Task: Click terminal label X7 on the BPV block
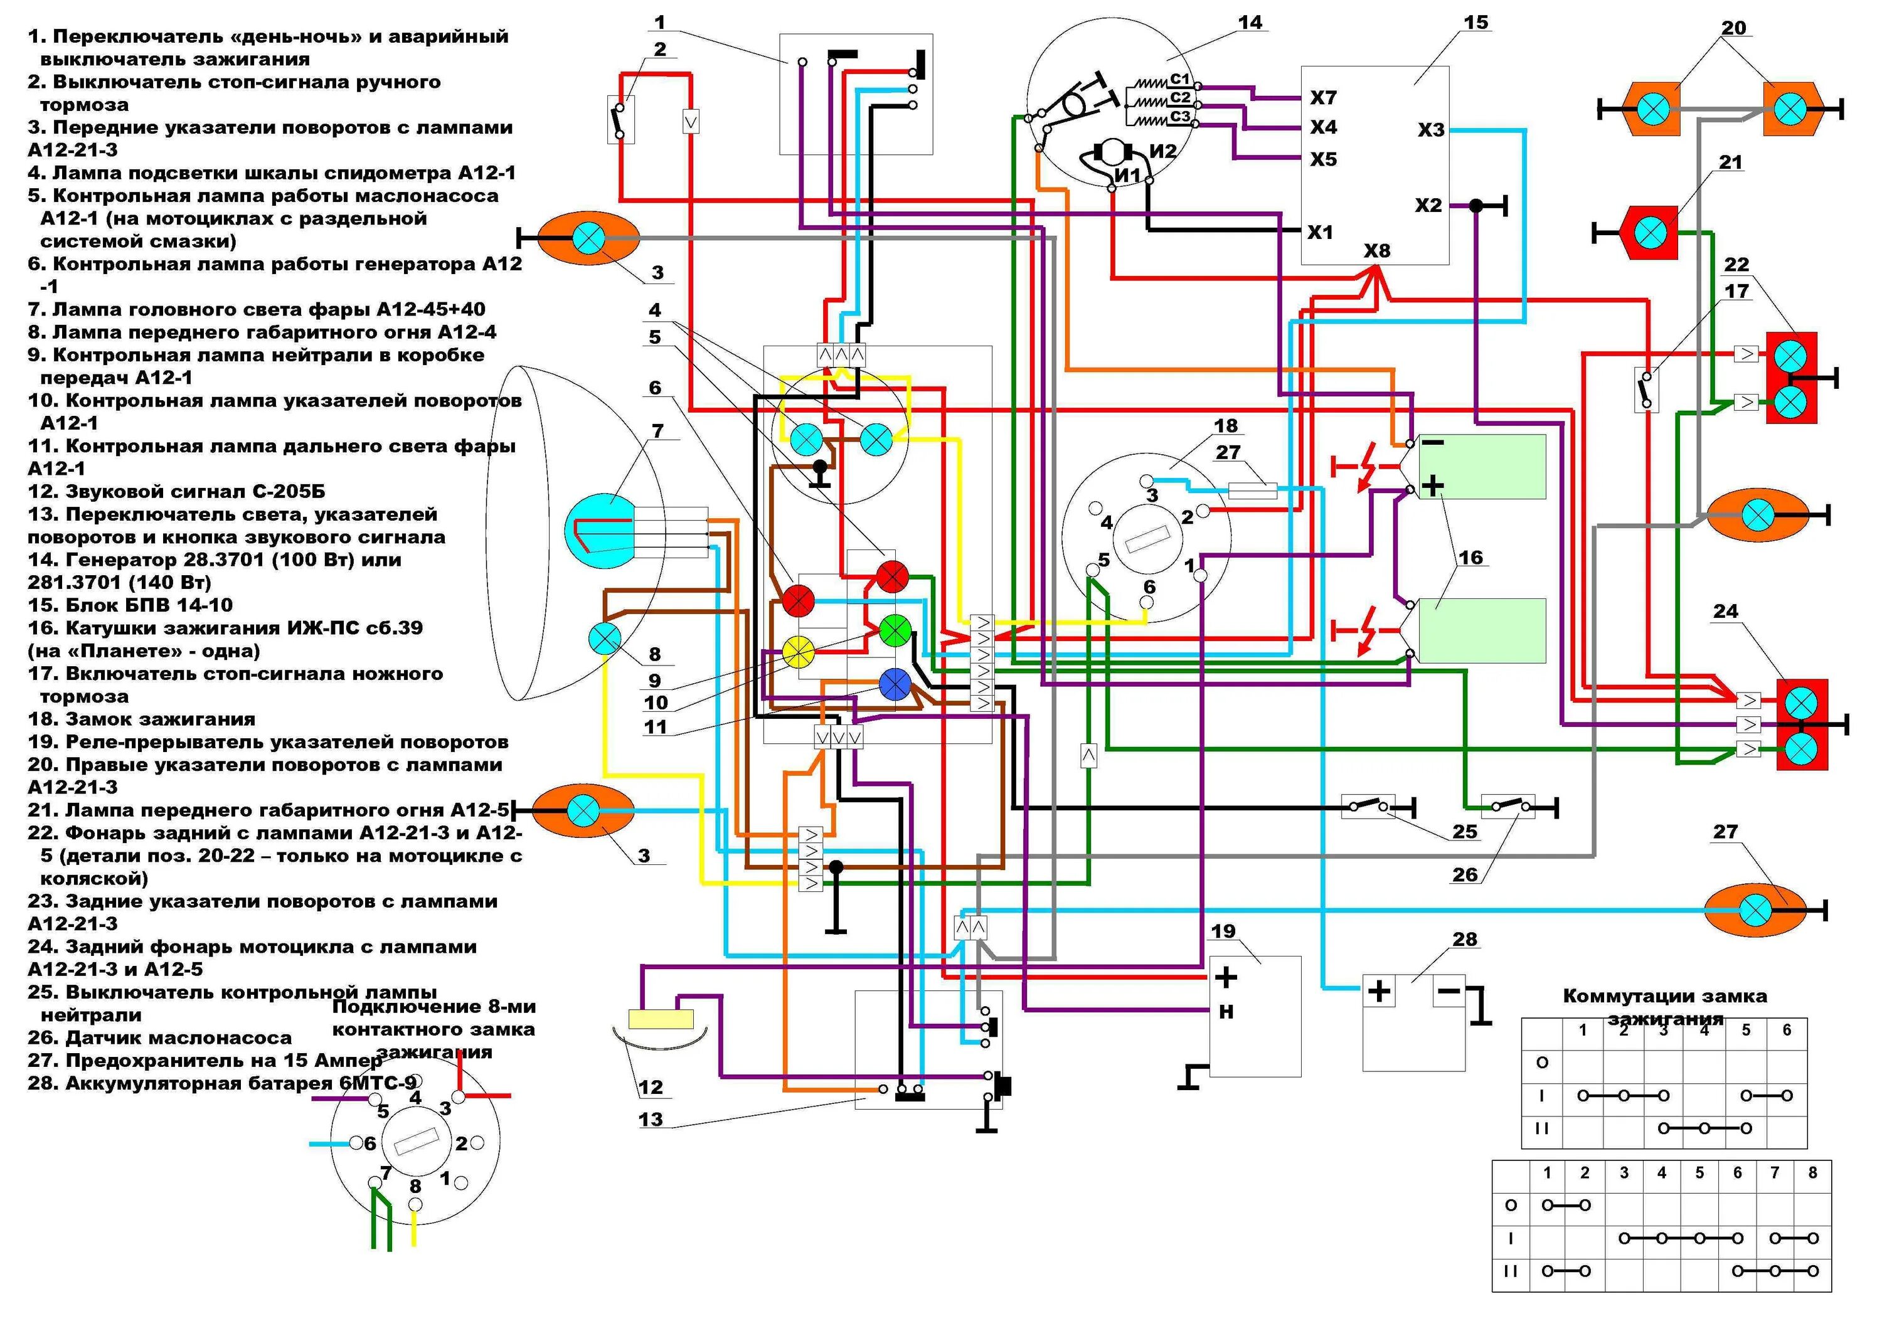click(1323, 97)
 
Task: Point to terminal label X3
click(1431, 129)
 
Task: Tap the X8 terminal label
click(1377, 250)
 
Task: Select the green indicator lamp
click(895, 630)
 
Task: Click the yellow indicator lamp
click(797, 652)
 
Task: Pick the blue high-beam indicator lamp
click(895, 684)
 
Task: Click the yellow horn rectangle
click(661, 1019)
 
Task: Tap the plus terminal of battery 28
click(1380, 991)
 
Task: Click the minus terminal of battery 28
click(1449, 991)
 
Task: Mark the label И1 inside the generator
click(1128, 174)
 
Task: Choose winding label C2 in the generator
click(1179, 97)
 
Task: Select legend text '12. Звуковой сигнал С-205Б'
click(176, 491)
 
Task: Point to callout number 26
click(1465, 874)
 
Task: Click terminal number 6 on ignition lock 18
click(1149, 587)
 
